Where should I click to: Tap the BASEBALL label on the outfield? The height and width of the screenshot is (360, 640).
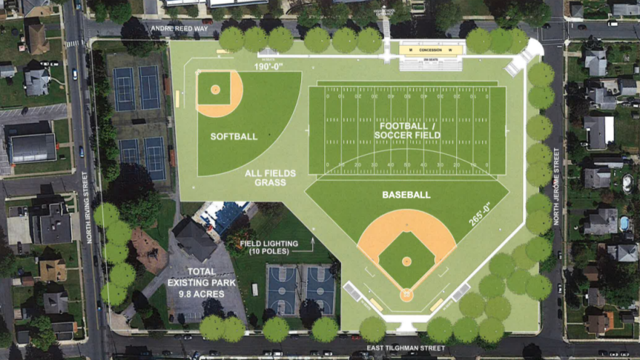(x=406, y=195)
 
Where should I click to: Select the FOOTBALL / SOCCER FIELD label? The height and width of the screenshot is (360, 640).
(x=407, y=129)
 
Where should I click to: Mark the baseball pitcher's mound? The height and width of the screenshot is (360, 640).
(x=407, y=260)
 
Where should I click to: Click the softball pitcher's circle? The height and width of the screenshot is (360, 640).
(x=215, y=89)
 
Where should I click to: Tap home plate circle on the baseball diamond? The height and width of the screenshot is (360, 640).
(x=406, y=295)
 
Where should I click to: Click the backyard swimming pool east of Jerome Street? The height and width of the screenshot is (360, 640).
(x=623, y=223)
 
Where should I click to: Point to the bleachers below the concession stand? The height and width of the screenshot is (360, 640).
(x=431, y=64)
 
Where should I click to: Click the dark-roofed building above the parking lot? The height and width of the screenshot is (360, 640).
(x=194, y=239)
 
